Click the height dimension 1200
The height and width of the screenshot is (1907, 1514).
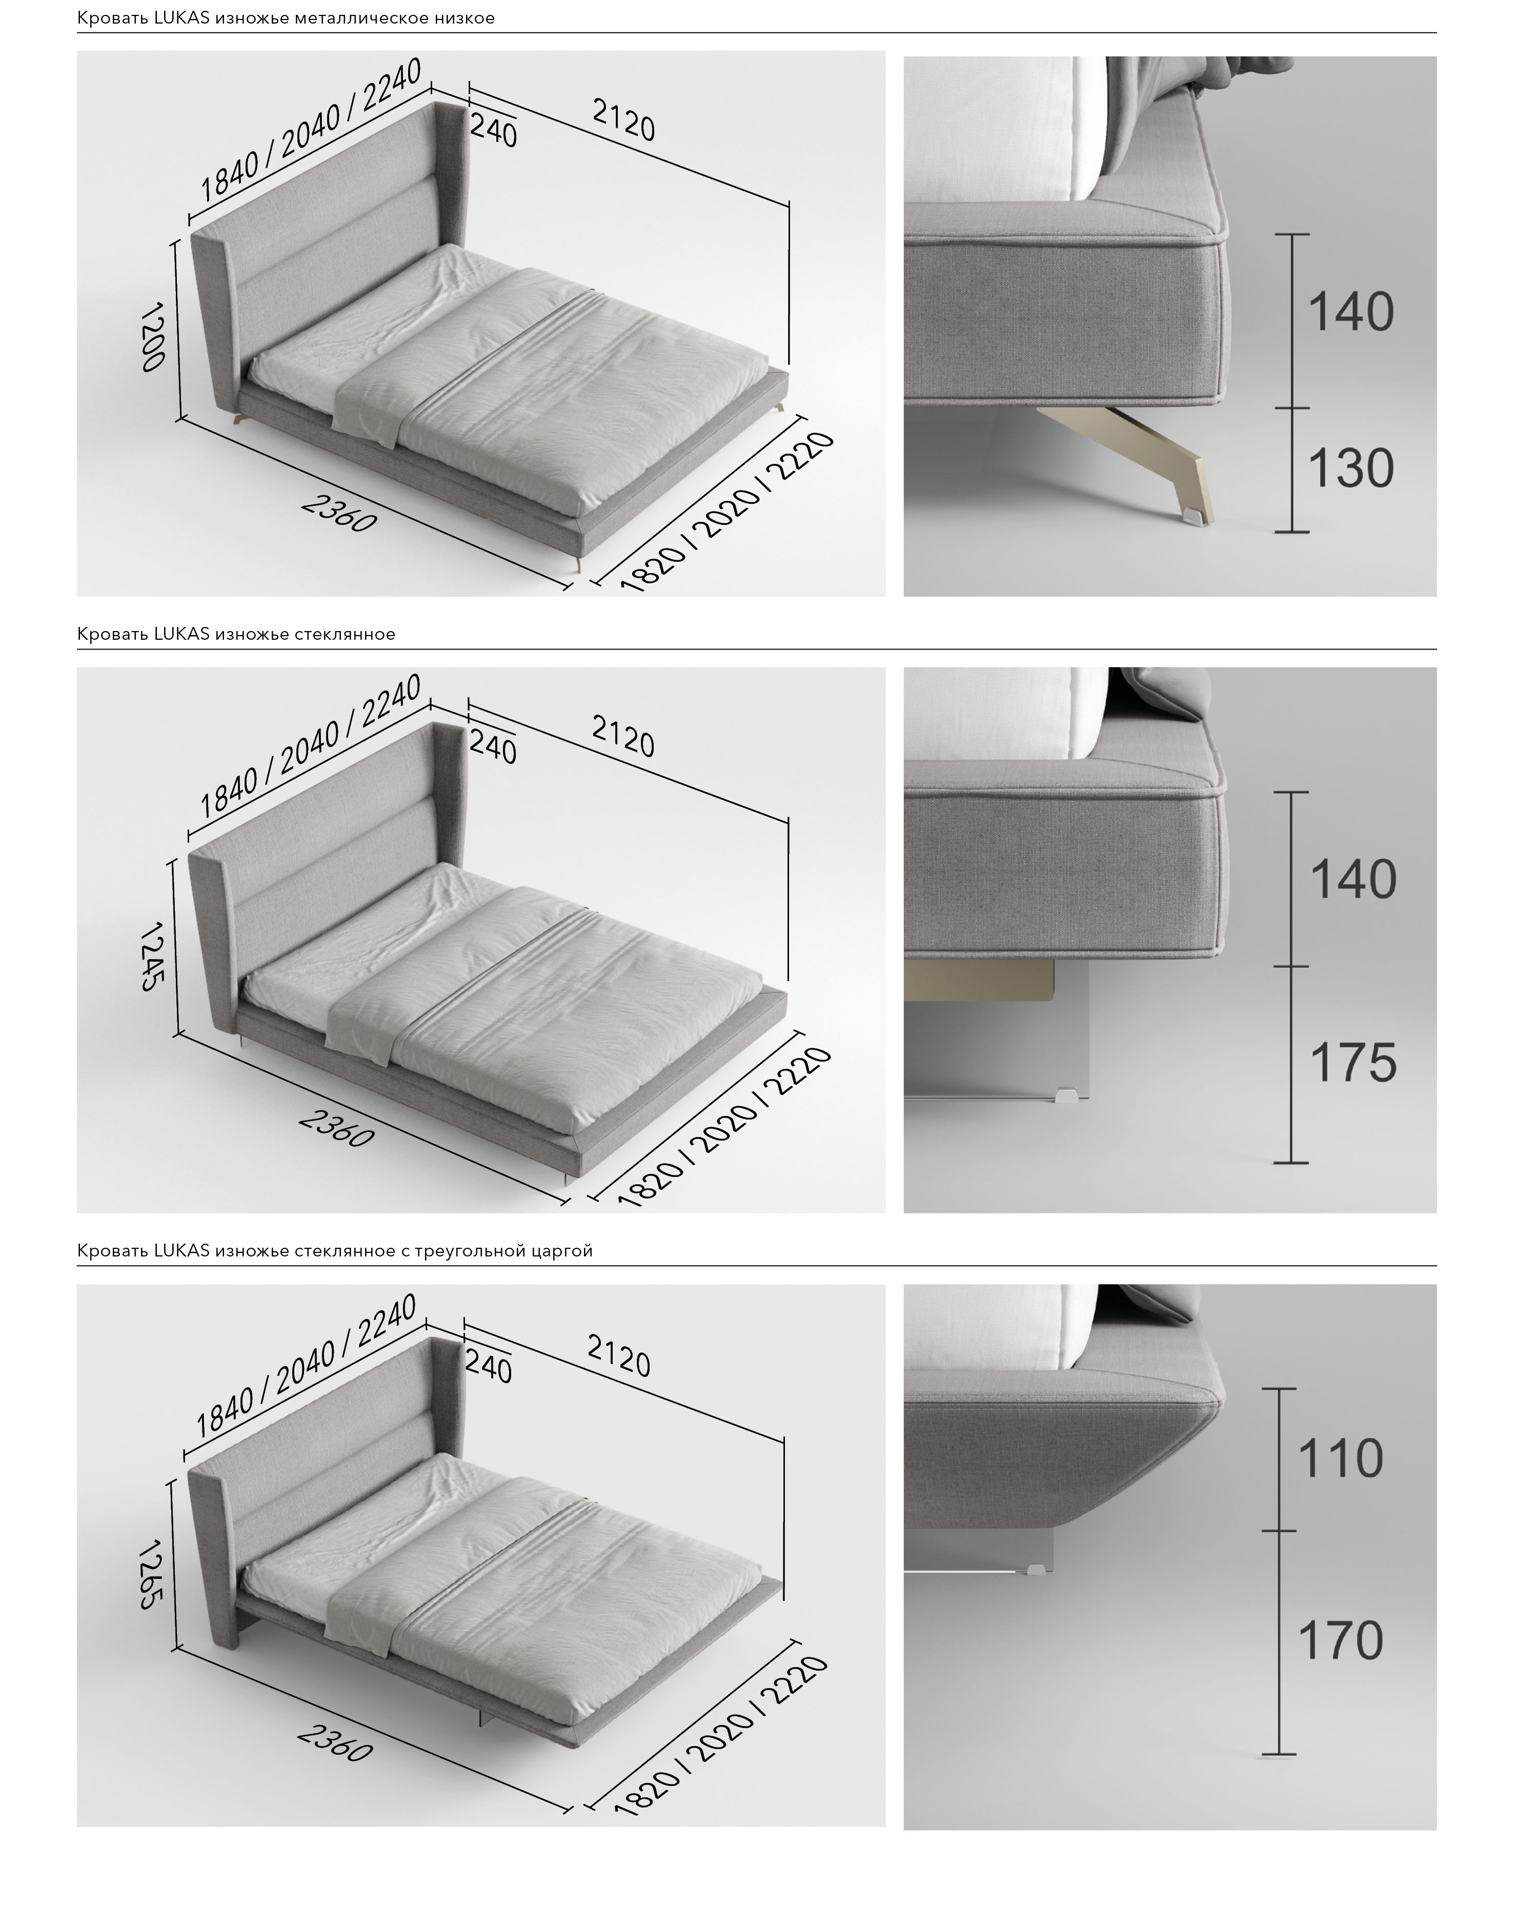pos(153,337)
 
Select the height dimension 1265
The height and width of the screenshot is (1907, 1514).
pos(152,1574)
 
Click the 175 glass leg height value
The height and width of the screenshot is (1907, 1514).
pos(1353,1062)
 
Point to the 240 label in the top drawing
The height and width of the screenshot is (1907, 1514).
pos(493,131)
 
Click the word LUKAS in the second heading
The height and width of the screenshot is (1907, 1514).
pos(181,634)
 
